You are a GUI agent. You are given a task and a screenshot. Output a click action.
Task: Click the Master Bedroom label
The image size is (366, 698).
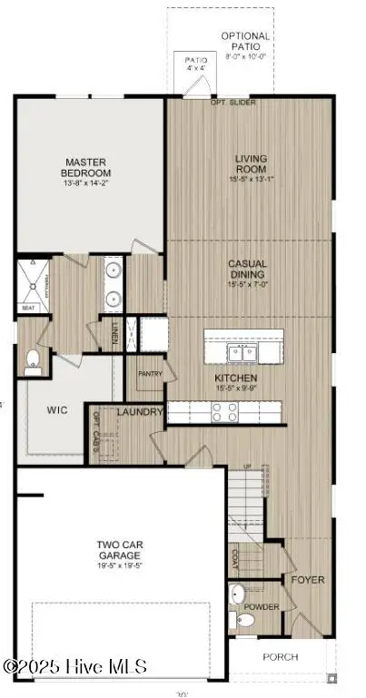[x=85, y=167]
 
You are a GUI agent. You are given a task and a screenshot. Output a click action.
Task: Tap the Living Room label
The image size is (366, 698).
[x=251, y=164]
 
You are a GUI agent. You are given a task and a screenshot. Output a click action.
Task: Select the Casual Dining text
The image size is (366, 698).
[x=246, y=269]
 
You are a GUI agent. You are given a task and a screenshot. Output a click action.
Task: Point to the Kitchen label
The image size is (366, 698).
[x=235, y=378]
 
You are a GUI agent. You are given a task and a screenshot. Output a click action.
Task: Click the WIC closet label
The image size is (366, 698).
[x=57, y=409]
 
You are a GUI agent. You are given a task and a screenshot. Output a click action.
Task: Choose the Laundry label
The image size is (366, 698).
[x=140, y=412]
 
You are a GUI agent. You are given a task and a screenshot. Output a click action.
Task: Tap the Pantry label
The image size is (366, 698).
[x=149, y=373]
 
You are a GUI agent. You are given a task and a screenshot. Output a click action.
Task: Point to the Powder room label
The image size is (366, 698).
[x=262, y=607]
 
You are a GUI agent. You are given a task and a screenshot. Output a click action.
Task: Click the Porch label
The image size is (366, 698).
[x=281, y=656]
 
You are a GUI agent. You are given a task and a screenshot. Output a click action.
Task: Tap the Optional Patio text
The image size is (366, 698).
[x=246, y=42]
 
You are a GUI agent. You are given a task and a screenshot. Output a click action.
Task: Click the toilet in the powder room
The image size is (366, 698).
[x=244, y=621]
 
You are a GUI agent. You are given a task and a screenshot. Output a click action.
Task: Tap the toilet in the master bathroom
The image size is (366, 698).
[x=33, y=360]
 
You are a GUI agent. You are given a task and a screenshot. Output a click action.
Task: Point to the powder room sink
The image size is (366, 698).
[x=237, y=595]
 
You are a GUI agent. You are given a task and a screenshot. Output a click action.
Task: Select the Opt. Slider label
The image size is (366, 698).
[x=233, y=102]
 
